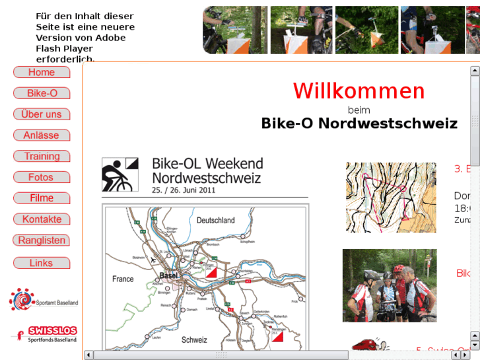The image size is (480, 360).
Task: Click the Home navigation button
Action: coord(42,73)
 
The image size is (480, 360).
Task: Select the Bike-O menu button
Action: coord(42,94)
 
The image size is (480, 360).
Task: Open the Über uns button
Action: coord(42,114)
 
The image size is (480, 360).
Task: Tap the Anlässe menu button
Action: coord(42,135)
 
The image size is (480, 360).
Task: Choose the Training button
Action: coord(42,157)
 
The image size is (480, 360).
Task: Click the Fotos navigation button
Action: coord(42,178)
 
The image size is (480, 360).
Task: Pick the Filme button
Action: coord(42,198)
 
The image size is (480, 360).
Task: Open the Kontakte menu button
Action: coord(42,219)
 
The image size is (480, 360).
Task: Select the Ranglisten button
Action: coord(42,240)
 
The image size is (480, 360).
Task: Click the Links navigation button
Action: coord(42,263)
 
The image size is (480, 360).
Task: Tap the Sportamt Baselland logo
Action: coord(43,300)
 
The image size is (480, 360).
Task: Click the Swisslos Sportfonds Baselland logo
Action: coord(44,334)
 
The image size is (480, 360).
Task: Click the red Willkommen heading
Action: coord(359,91)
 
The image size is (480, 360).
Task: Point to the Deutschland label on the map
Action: coord(215,221)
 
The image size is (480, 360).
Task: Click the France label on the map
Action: coord(123,279)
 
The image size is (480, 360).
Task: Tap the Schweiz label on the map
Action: coord(194,340)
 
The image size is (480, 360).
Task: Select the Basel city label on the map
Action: coord(170,275)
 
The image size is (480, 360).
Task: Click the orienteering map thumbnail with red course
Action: coord(390,198)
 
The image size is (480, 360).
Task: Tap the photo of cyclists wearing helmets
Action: coord(389,285)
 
